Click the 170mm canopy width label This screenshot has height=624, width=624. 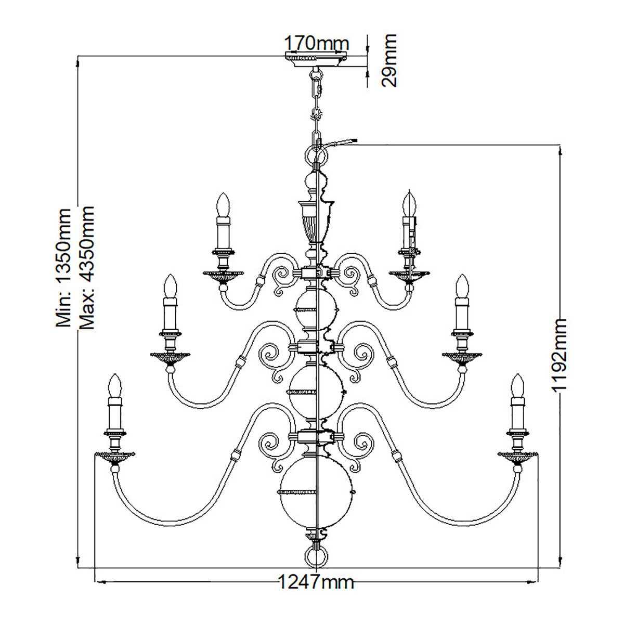tap(316, 43)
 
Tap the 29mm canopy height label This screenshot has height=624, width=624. tap(389, 60)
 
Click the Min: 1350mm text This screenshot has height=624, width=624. tap(63, 268)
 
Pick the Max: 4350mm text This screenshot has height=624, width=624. tap(86, 267)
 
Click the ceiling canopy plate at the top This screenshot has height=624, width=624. tap(316, 59)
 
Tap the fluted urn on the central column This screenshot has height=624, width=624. tap(316, 222)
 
